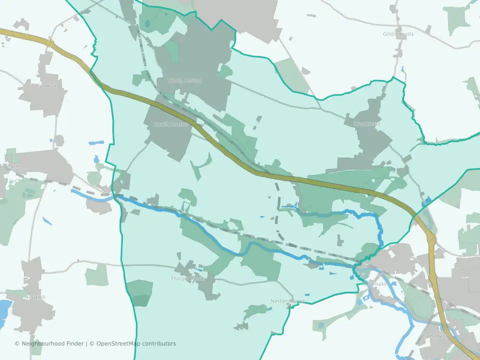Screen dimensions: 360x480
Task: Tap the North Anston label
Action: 185,80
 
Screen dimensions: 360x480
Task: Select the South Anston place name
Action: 171,124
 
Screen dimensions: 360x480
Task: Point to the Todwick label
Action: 47,85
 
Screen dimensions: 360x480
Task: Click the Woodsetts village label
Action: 366,123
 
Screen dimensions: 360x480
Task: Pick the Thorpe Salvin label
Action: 188,278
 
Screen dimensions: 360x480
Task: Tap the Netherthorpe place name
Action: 287,301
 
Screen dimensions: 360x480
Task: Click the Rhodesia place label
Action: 439,336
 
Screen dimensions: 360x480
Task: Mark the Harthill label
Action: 35,297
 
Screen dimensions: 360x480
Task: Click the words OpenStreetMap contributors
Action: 136,343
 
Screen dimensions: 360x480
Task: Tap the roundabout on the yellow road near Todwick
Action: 51,43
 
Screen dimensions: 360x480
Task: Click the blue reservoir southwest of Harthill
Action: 4,309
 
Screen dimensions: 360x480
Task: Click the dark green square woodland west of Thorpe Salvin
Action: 139,293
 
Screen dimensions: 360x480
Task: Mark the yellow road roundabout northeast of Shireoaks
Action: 431,239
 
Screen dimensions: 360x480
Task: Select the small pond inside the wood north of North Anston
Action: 148,23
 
